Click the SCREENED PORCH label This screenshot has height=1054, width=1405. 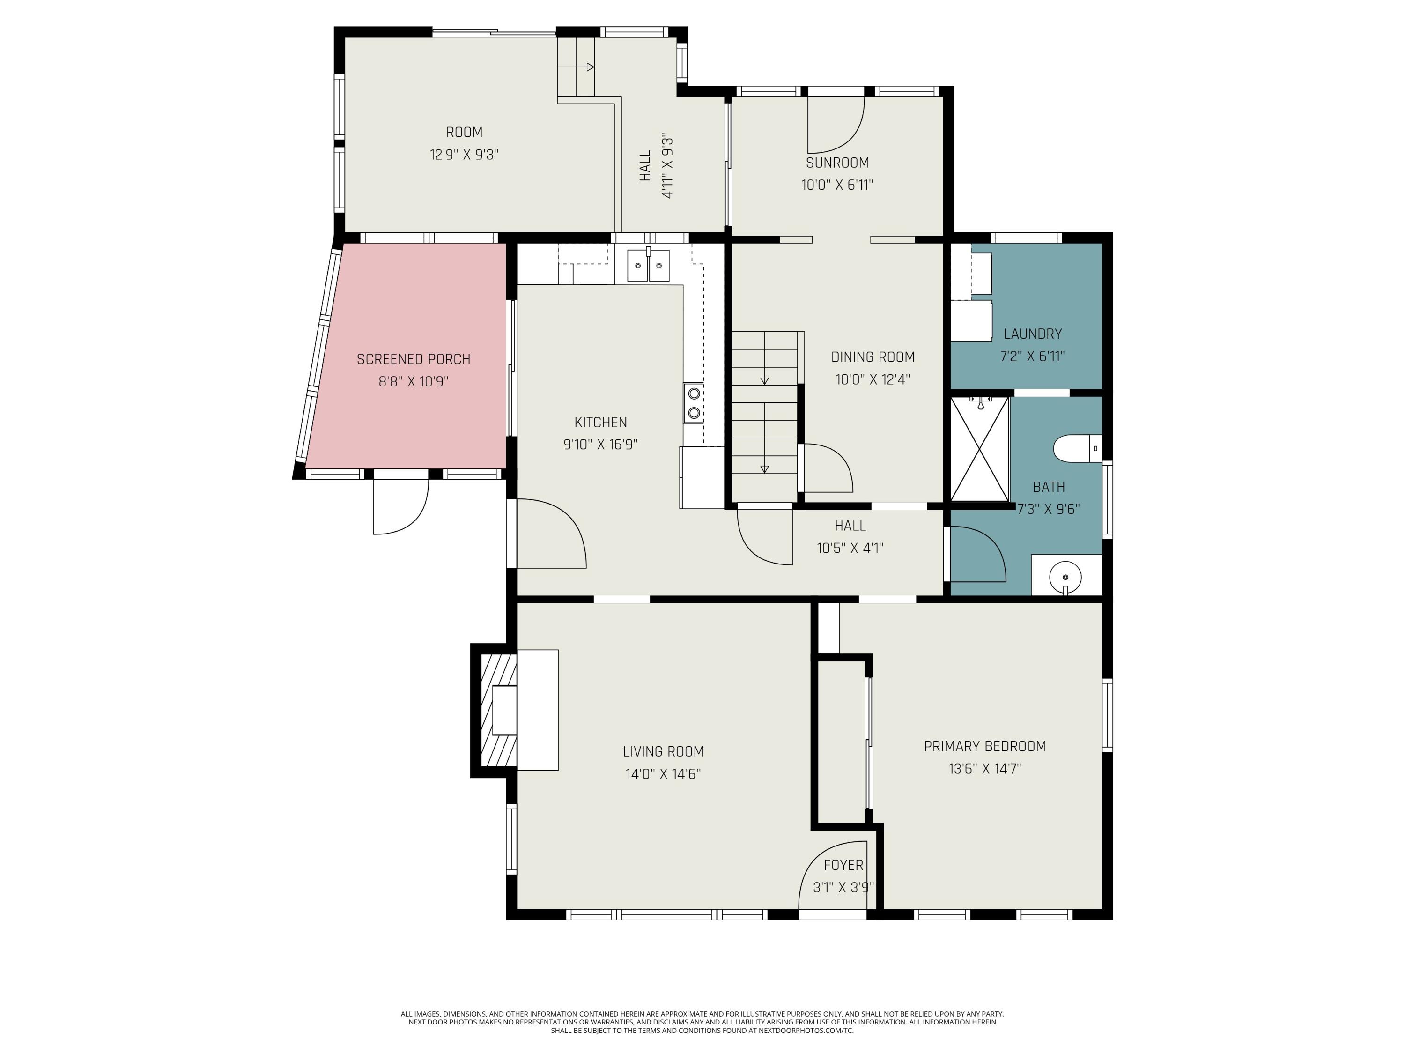pos(414,360)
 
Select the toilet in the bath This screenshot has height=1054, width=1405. pos(1077,448)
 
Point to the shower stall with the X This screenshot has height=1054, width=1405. pos(979,449)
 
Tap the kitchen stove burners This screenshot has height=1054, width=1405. pos(694,403)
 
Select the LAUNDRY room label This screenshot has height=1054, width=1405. pos(1032,334)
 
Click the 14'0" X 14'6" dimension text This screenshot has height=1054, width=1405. pos(663,774)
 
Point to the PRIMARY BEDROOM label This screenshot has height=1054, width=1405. pos(984,747)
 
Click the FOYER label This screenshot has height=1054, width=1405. pos(843,865)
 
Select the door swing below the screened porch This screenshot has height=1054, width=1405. pos(401,507)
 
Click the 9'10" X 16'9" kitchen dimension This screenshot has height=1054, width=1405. pos(600,445)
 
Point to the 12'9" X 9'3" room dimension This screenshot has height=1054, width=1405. pos(464,155)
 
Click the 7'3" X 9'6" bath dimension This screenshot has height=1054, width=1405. pos(1049,510)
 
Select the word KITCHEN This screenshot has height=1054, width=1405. pos(600,423)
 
